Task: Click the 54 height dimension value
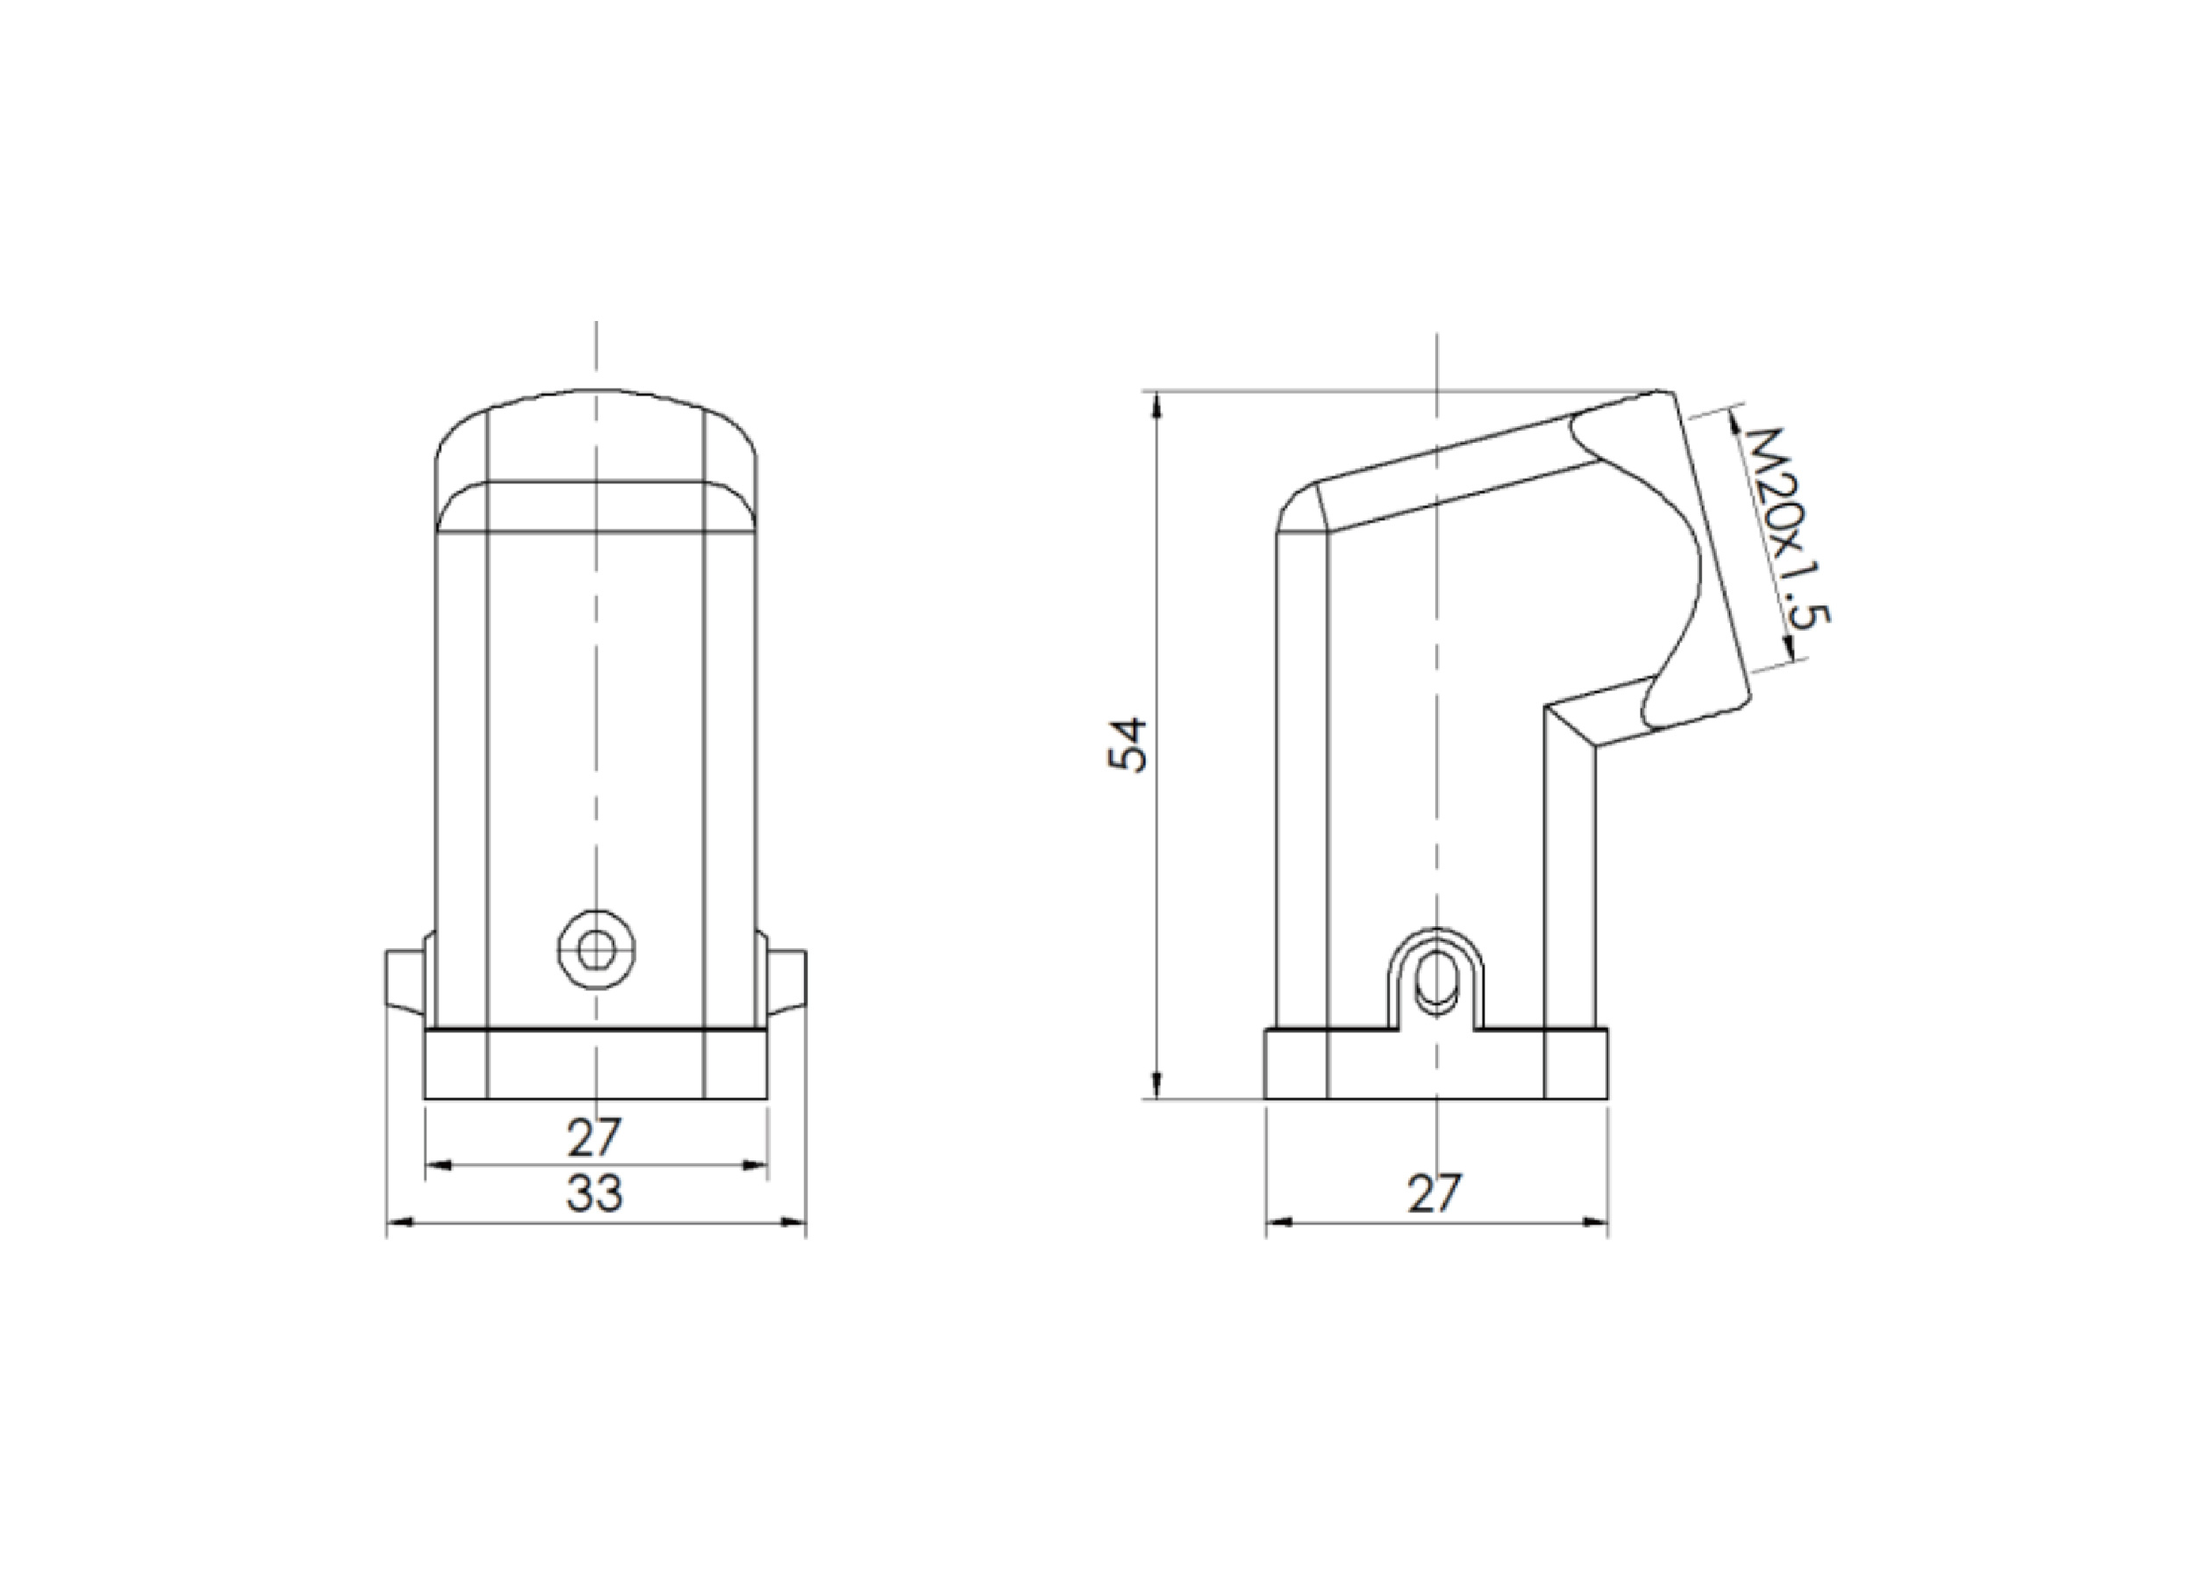pos(1127,744)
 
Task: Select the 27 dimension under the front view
pos(594,1138)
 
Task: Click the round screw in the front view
pos(596,950)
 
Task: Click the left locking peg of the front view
pos(405,981)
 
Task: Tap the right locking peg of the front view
pos(787,981)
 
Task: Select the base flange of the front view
pos(595,1064)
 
